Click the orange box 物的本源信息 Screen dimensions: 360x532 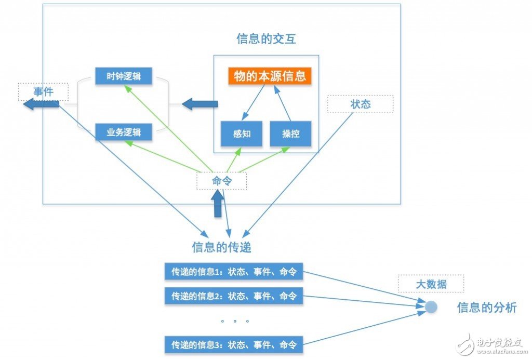(x=269, y=76)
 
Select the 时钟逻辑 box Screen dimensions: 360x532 (x=124, y=77)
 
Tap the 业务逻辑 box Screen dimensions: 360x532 (x=124, y=132)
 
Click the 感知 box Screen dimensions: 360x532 (x=242, y=134)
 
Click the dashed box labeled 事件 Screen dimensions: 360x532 (x=43, y=92)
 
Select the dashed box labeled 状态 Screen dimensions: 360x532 (x=360, y=104)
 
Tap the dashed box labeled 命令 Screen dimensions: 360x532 (x=221, y=181)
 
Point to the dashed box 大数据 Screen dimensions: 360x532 (x=431, y=284)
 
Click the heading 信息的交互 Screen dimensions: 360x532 (x=266, y=39)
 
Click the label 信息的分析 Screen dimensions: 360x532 (x=487, y=308)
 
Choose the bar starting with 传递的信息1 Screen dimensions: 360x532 (x=234, y=271)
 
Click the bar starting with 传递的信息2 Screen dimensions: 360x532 (x=234, y=296)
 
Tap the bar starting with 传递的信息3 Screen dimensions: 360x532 (x=234, y=344)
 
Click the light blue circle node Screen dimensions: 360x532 (x=431, y=307)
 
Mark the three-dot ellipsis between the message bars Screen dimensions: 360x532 (x=235, y=321)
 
